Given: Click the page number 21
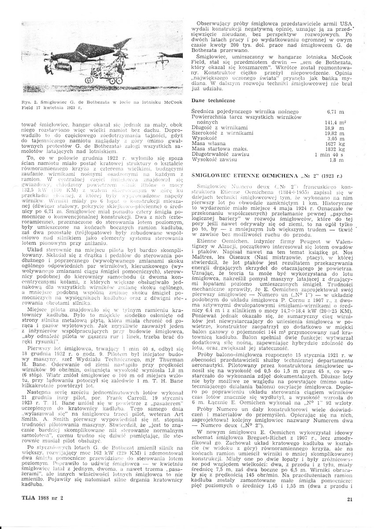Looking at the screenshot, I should click(x=350, y=499).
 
